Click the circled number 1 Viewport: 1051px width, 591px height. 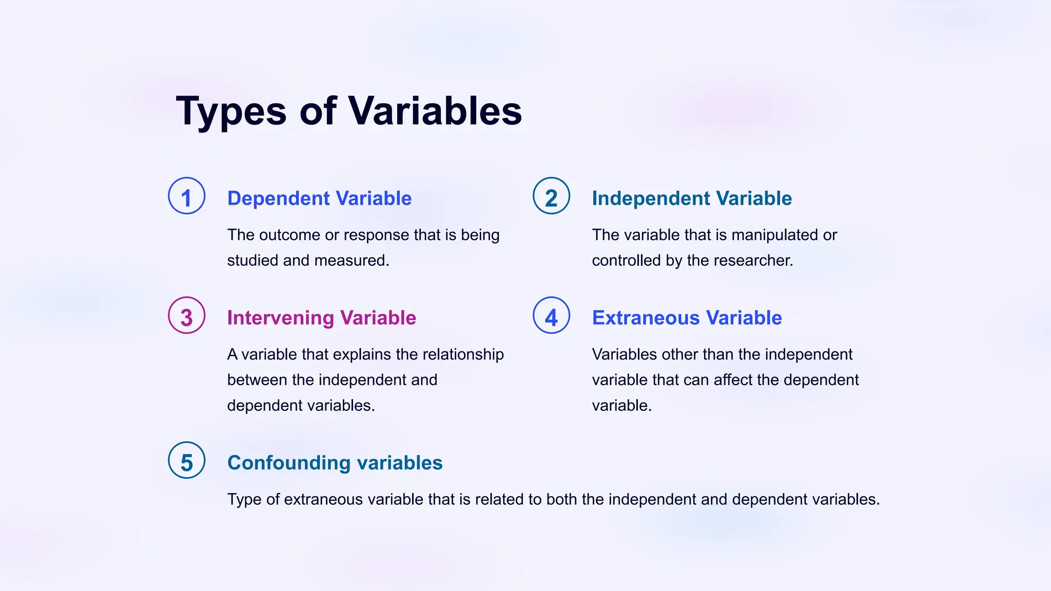pos(187,196)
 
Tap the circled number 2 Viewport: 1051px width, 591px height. pos(551,196)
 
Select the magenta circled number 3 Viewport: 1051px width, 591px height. pos(187,316)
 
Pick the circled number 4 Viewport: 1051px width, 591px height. pos(551,316)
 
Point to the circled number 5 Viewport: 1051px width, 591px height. pos(187,460)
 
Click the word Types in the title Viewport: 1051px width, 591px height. pos(231,112)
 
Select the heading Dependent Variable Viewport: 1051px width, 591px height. pos(319,199)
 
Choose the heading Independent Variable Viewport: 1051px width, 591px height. pos(691,199)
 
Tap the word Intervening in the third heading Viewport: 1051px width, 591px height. pos(280,318)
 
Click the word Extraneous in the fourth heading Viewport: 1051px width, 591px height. pos(646,318)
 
